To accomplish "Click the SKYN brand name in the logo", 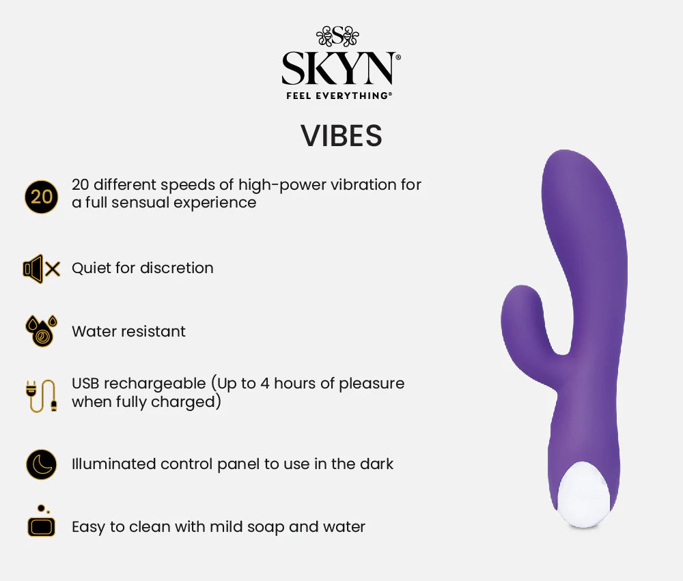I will pos(339,69).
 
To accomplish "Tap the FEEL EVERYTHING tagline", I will pos(339,96).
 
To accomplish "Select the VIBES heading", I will pos(341,136).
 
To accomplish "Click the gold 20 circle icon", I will pos(41,197).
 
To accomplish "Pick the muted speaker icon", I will pos(42,269).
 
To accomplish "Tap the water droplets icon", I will pos(41,331).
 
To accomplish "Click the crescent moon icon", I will pos(41,464).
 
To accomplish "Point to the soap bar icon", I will pos(41,522).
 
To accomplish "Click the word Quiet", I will pos(92,268).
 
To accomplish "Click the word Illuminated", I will pos(114,464).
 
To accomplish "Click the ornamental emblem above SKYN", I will pos(337,36).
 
